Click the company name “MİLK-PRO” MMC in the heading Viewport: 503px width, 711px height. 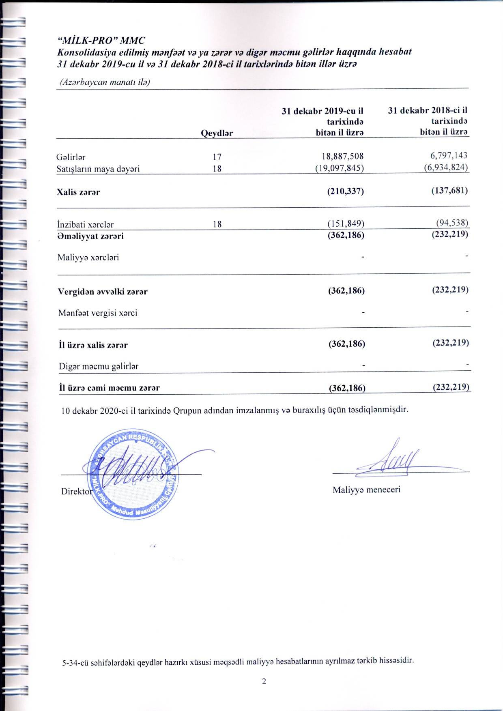101,41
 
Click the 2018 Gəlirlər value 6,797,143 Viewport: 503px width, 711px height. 449,155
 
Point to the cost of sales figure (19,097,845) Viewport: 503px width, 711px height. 339,168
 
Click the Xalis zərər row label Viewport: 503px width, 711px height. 78,192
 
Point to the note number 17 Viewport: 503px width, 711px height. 217,157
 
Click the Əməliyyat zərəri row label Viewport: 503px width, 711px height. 90,236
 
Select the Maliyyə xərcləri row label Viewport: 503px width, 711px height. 88,258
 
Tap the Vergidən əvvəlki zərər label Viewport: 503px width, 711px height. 103,292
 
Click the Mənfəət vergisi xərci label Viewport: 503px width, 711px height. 97,313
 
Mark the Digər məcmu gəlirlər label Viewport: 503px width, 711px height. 99,367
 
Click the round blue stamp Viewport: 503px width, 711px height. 132,475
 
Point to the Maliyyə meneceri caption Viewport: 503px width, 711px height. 366,490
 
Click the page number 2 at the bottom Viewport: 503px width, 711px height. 264,681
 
